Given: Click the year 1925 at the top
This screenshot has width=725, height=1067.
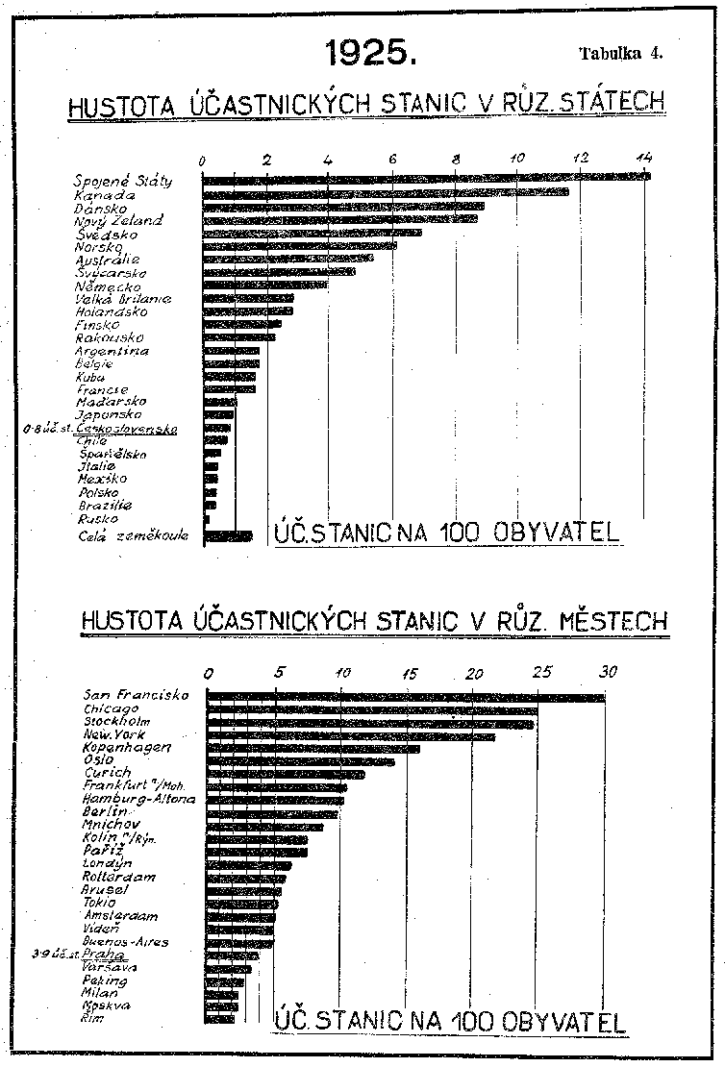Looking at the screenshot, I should coord(370,53).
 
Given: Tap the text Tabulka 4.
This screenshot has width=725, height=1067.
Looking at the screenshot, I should coord(621,53).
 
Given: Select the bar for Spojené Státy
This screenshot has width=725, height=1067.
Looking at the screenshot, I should coord(426,177).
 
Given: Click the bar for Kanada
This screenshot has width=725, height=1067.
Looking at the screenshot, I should coord(385,192).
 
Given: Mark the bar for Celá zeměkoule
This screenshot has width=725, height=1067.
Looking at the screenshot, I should coord(228,536).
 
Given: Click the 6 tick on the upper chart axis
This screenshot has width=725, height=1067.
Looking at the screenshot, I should coord(392,159).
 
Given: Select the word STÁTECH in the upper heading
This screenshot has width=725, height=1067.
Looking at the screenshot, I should coord(614,103).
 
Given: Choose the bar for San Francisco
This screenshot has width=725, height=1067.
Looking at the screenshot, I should coord(406,697).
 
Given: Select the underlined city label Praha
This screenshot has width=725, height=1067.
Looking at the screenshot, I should coord(112,955).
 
